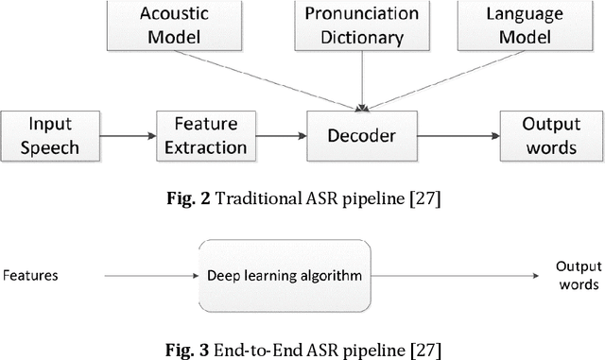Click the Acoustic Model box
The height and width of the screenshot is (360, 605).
(x=163, y=26)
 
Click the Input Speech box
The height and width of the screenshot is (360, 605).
(x=40, y=135)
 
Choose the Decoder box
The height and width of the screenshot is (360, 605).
(x=364, y=135)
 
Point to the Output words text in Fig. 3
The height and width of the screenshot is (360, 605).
(x=577, y=275)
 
